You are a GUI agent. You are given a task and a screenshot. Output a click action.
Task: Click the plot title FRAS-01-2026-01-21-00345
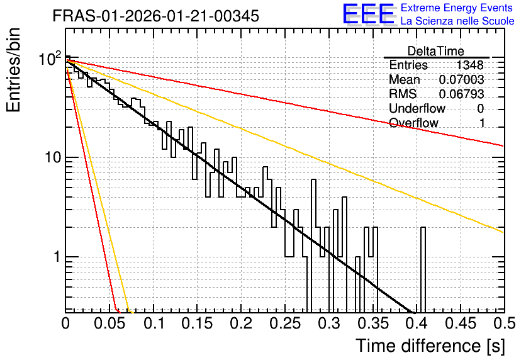tap(156, 16)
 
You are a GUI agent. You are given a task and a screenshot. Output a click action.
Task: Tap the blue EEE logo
tap(368, 14)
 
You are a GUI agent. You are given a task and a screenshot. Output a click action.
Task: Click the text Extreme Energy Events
tap(457, 8)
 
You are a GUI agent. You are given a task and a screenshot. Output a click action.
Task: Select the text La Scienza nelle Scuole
tap(457, 21)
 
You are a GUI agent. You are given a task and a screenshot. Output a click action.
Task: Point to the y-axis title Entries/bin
tap(13, 70)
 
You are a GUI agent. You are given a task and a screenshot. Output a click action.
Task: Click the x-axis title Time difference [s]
tap(430, 346)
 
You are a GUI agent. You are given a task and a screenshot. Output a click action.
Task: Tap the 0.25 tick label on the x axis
tap(285, 323)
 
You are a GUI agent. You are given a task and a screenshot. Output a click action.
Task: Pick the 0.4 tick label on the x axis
tap(417, 323)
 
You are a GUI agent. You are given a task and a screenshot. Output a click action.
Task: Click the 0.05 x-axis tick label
tap(109, 323)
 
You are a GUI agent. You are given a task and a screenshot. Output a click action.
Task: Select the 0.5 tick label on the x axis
tap(504, 323)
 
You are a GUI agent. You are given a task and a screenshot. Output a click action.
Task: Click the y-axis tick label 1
tap(57, 257)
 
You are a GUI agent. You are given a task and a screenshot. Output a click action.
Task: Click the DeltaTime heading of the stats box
tap(436, 51)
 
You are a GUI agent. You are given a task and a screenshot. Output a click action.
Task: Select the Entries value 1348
tap(469, 65)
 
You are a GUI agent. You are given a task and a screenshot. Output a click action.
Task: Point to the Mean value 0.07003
tap(462, 79)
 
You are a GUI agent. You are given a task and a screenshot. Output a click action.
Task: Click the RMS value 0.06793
tap(462, 94)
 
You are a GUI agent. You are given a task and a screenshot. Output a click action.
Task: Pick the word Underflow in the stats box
tap(417, 108)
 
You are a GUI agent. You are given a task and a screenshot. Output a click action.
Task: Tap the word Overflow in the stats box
tap(413, 123)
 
